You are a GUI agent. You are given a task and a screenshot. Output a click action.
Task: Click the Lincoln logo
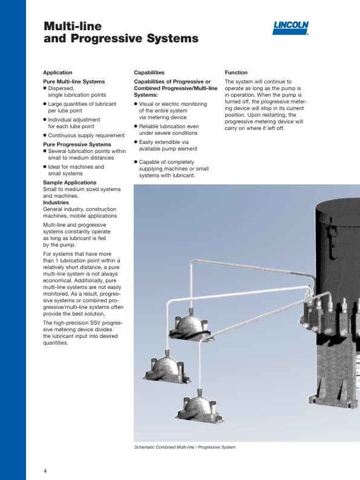coord(290,28)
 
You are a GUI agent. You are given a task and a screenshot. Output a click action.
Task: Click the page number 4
coord(45,471)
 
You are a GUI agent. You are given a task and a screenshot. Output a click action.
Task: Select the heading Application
coord(57,73)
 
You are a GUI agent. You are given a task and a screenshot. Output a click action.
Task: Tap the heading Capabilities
coord(149,73)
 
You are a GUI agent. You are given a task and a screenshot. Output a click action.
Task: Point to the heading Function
coord(236,73)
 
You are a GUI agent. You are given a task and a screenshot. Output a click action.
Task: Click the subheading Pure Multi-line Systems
coord(74,82)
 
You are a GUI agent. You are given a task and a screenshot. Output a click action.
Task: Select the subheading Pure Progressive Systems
coord(77,144)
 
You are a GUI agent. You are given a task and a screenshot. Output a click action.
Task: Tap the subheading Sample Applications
coord(70,183)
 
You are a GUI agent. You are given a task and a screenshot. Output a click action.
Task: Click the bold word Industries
coord(56,203)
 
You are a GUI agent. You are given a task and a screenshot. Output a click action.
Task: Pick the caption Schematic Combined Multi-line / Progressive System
coord(185,447)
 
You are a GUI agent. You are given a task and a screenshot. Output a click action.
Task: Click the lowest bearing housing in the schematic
coord(200,407)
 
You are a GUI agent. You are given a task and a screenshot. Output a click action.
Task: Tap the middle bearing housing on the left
coord(166,368)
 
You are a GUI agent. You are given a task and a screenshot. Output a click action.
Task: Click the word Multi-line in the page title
coord(73,26)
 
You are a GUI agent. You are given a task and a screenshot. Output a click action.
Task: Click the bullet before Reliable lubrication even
coord(136,126)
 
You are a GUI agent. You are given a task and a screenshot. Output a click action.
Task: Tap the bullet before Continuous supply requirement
coord(45,135)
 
